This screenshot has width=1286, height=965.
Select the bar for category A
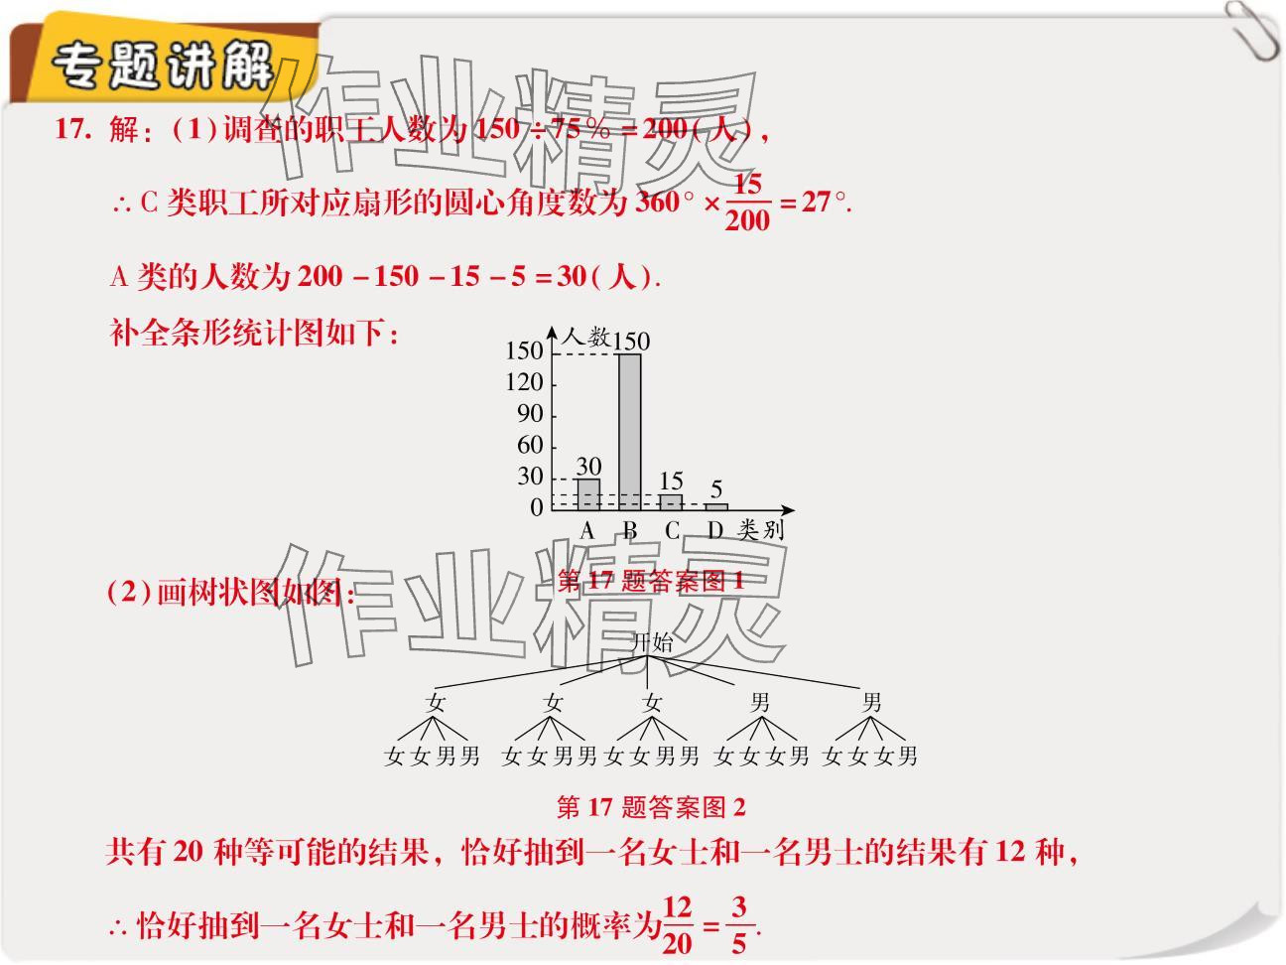pyautogui.click(x=587, y=493)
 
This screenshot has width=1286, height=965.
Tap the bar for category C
pyautogui.click(x=671, y=501)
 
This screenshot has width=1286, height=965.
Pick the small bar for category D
pyautogui.click(x=715, y=506)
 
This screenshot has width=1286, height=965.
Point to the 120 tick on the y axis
pyautogui.click(x=524, y=382)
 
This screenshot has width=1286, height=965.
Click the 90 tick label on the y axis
pyautogui.click(x=530, y=414)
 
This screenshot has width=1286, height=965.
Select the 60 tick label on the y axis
pyautogui.click(x=530, y=446)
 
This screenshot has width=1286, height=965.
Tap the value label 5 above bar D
pyautogui.click(x=716, y=489)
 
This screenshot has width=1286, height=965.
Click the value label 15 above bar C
pyautogui.click(x=671, y=481)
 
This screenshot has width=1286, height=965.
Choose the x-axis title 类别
pyautogui.click(x=760, y=530)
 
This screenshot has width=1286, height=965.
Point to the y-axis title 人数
pyautogui.click(x=585, y=338)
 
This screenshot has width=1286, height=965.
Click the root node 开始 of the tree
pyautogui.click(x=651, y=642)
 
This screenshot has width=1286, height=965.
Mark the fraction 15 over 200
pyautogui.click(x=746, y=203)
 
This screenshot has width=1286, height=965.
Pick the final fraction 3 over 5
pyautogui.click(x=738, y=924)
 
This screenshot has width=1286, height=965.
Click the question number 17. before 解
pyautogui.click(x=73, y=130)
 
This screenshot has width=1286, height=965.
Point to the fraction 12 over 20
pyautogui.click(x=677, y=924)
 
